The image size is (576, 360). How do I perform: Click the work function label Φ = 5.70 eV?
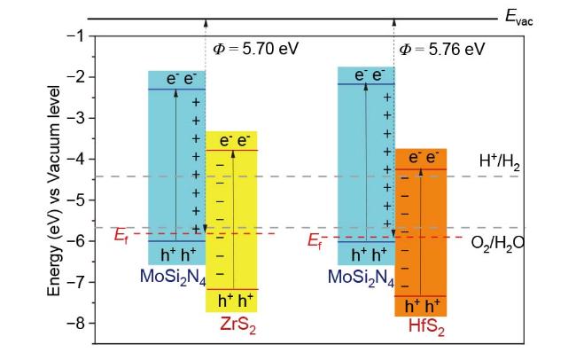pos(252,49)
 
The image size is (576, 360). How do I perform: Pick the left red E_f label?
pos(121,236)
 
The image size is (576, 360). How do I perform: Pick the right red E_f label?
pos(315,240)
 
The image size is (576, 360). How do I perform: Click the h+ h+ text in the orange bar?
pos(421,307)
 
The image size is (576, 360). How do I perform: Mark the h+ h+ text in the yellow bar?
pos(231,299)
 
